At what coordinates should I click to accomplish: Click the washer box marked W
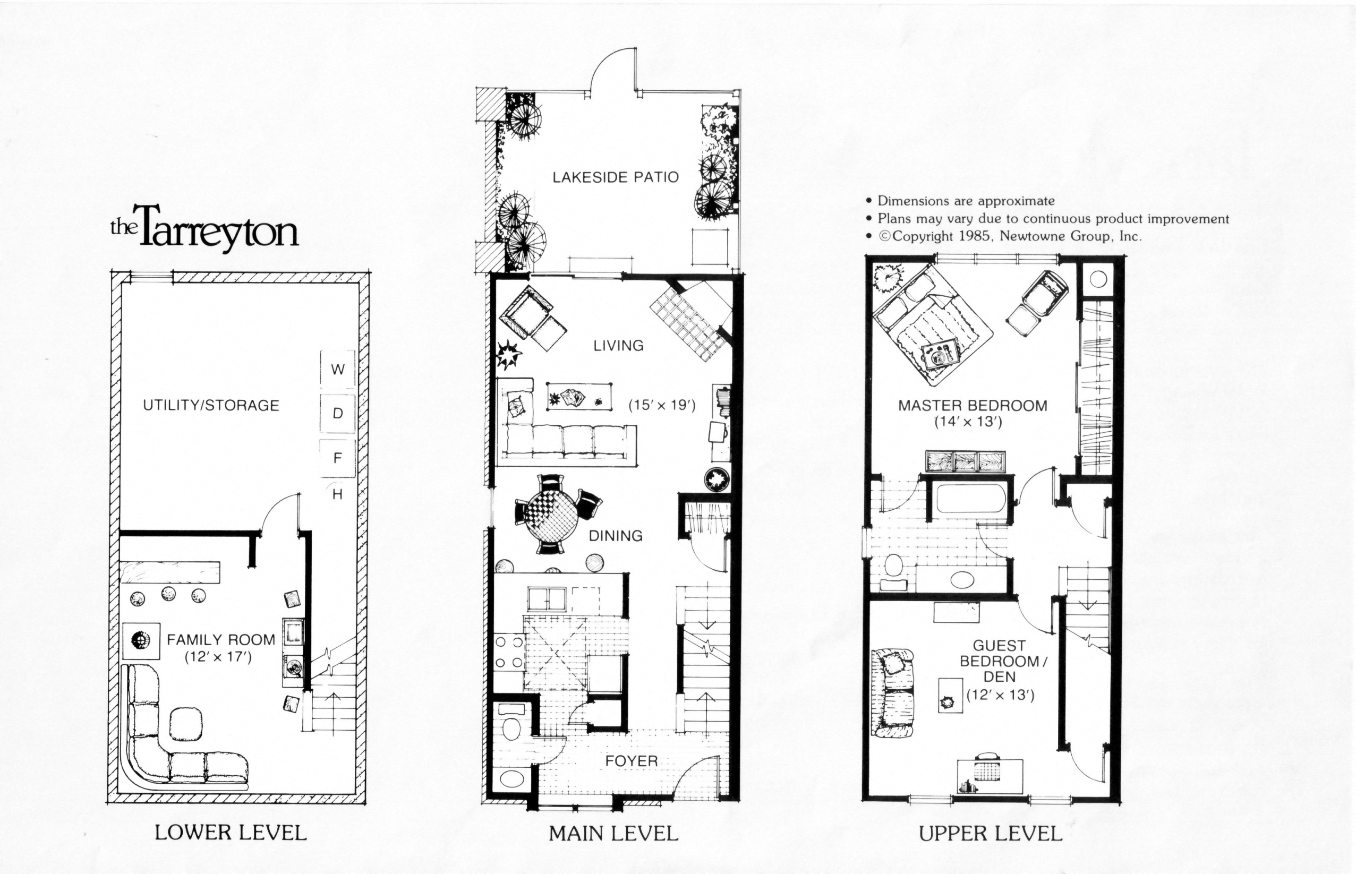(x=338, y=370)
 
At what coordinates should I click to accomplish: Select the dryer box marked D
(x=338, y=414)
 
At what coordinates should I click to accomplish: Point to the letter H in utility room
(x=338, y=494)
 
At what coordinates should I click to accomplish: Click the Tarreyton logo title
(x=205, y=228)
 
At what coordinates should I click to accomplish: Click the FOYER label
(x=631, y=761)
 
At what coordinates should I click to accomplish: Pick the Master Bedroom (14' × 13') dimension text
(x=968, y=422)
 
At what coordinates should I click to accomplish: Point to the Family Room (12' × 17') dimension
(x=218, y=657)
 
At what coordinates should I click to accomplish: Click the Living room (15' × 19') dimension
(x=662, y=405)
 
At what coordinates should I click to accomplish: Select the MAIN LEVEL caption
(x=613, y=834)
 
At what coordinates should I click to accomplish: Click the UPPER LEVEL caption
(x=991, y=834)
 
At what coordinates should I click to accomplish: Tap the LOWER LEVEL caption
(x=231, y=833)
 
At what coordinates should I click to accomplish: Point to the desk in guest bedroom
(x=991, y=776)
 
